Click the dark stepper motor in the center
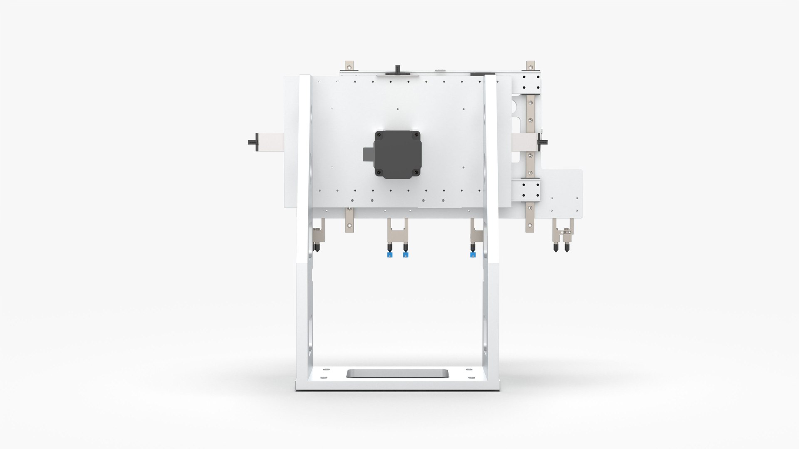[397, 154]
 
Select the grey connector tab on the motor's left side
[369, 155]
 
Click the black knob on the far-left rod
[252, 142]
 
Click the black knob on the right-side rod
[543, 142]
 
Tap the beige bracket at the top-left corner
[349, 67]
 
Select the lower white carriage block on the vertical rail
[526, 191]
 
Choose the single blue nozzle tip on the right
[473, 254]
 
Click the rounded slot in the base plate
[397, 373]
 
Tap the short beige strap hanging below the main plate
[349, 220]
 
